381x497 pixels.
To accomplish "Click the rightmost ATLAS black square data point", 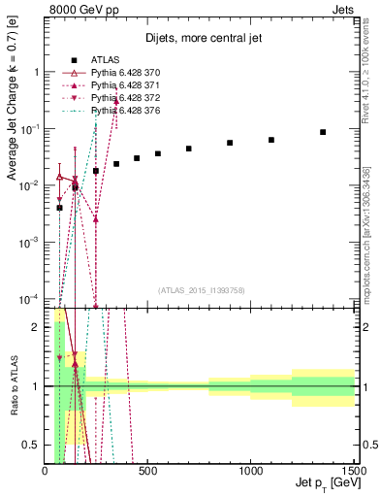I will (x=323, y=132).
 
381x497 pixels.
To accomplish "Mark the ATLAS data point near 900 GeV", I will (x=230, y=143).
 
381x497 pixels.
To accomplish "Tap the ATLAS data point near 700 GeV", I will (x=189, y=149).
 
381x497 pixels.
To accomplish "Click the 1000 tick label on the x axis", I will (x=251, y=473).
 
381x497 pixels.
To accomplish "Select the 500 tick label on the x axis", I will (x=148, y=473).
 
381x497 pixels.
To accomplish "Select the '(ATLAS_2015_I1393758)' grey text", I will (x=201, y=290).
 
